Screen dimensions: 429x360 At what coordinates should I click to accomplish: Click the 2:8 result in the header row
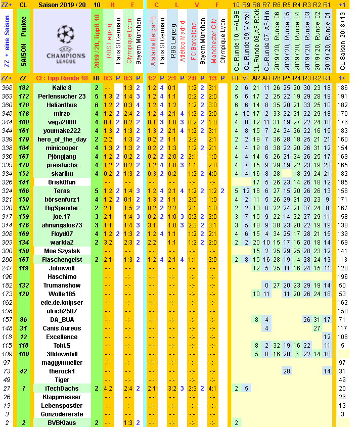(193, 78)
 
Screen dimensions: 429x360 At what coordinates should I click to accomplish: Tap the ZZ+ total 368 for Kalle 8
(7, 87)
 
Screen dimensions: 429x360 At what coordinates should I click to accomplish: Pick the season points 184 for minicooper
(23, 148)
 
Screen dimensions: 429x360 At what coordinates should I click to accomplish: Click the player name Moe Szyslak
(62, 251)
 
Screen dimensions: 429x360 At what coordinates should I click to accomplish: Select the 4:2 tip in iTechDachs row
(108, 388)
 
